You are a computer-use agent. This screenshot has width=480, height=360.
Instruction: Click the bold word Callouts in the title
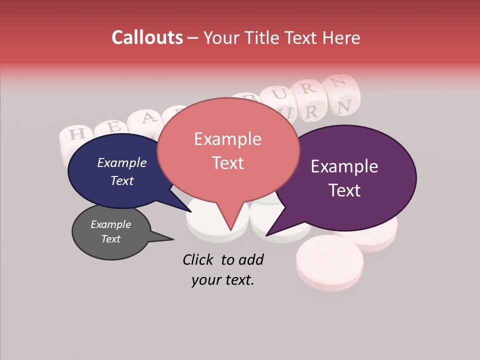(147, 37)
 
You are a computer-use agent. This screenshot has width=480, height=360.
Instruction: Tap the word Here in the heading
(341, 37)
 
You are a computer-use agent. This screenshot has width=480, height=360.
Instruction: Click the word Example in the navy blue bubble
(121, 162)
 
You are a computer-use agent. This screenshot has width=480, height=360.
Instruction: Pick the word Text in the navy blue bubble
(121, 180)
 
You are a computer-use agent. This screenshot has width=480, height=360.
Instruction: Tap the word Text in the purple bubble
(345, 190)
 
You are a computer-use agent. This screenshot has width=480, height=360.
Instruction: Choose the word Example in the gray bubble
(110, 224)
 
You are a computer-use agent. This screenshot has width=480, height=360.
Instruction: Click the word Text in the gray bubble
(110, 239)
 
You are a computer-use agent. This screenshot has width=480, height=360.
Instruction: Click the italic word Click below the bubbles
(199, 259)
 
